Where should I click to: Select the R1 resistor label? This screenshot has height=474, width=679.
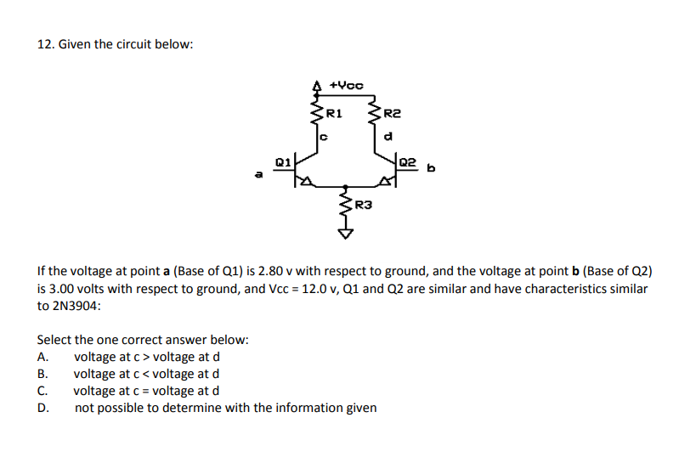tap(334, 112)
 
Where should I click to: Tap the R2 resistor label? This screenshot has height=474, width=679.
tap(391, 112)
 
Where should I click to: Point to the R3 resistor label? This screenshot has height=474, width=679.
tap(363, 204)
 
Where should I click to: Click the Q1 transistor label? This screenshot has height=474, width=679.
tap(283, 160)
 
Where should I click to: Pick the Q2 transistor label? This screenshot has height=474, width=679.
tap(407, 161)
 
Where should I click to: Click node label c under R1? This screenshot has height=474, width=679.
tap(323, 133)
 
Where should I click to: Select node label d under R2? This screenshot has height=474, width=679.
tap(388, 133)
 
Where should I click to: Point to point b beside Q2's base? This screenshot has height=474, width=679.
tap(431, 167)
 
